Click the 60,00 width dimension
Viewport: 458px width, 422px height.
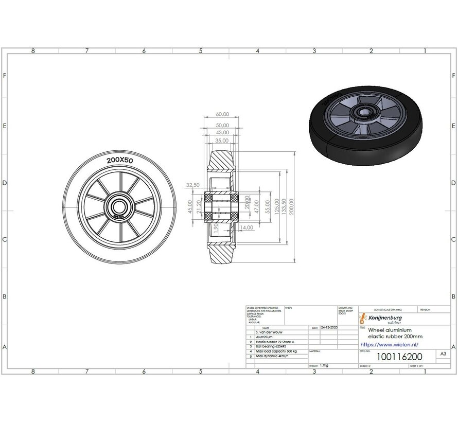222,114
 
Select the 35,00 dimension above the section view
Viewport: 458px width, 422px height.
222,140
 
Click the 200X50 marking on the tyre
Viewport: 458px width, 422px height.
119,161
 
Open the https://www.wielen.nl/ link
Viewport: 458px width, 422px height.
389,344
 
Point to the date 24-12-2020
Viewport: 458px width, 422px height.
329,327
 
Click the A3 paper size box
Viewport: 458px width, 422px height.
443,354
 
